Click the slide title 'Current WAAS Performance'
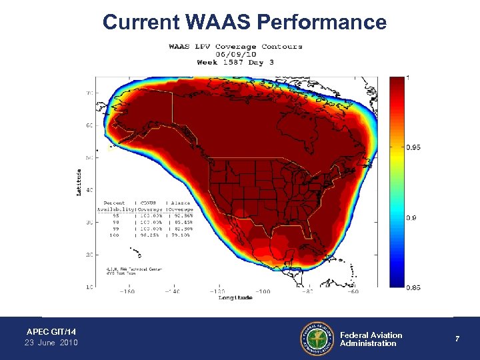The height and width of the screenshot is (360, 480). pos(244,22)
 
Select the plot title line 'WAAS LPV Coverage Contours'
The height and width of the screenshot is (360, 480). pos(235,47)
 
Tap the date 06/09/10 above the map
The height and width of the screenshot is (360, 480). pos(235,55)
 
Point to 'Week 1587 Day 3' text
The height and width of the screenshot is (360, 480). pos(235,63)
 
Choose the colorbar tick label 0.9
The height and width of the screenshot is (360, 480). pos(411,218)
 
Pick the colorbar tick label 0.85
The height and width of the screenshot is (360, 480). pos(413,287)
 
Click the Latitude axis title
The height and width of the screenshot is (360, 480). pos(79,182)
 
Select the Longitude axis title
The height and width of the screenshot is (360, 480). pos(235,298)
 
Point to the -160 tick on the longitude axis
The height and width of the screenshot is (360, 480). pos(127,291)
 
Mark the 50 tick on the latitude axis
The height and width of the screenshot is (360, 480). pos(89,158)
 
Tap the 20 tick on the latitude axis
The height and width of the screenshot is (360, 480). pos(89,254)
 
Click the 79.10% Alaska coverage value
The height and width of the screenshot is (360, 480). pos(181,235)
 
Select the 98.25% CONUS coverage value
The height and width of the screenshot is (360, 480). pos(151,235)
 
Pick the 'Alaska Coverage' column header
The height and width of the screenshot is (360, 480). pos(181,207)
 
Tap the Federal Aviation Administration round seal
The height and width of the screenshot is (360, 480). pos(317,339)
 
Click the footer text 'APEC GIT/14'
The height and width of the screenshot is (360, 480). pos(51,331)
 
